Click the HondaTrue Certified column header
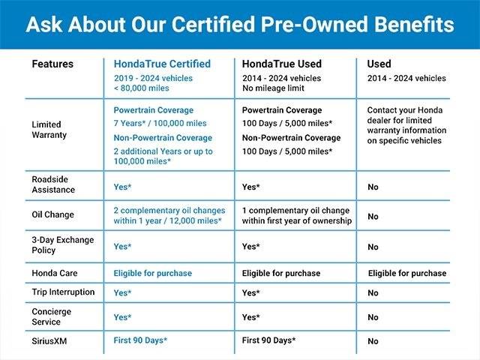[x=162, y=64]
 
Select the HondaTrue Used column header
[x=282, y=64]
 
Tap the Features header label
[x=52, y=64]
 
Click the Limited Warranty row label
[x=49, y=130]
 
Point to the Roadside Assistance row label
[x=53, y=184]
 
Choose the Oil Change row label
[x=52, y=214]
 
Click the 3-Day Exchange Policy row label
[x=63, y=245]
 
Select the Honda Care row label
[x=55, y=273]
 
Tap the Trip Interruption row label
[x=63, y=292]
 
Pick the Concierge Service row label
[x=52, y=316]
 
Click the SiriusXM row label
[x=49, y=341]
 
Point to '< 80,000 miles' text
[x=141, y=88]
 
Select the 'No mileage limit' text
[x=273, y=88]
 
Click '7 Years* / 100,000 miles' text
[x=160, y=123]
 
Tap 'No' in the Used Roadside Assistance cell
[x=373, y=187]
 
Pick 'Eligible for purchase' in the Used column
[x=407, y=273]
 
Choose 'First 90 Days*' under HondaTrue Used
[x=268, y=340]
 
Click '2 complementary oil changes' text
[x=169, y=211]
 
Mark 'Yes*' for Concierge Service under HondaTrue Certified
[x=122, y=317]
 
